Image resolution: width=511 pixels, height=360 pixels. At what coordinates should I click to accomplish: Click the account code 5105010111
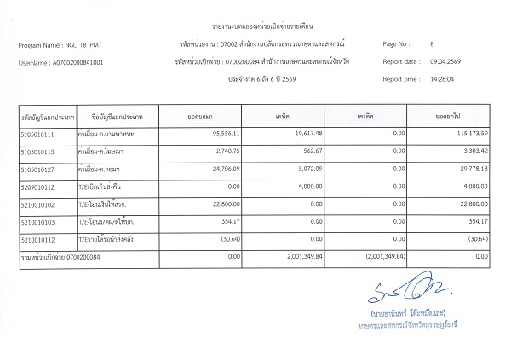point(36,134)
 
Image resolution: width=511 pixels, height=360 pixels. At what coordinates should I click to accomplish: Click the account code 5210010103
point(36,221)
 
